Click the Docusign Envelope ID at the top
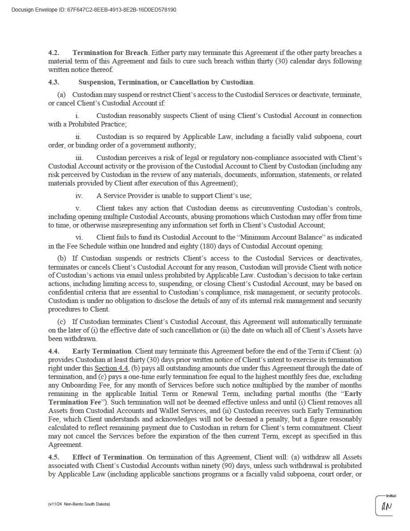[x=93, y=9]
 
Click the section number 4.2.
[x=54, y=53]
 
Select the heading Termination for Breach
[x=109, y=53]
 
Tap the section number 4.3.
[x=54, y=82]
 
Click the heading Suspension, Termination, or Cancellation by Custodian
[x=166, y=82]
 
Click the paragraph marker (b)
[x=62, y=259]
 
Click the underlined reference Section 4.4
[x=112, y=368]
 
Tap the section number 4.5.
[x=54, y=457]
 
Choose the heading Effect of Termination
[x=107, y=457]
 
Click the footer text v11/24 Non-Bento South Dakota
[x=79, y=504]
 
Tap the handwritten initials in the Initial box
[x=386, y=507]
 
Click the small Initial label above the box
[x=391, y=496]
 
